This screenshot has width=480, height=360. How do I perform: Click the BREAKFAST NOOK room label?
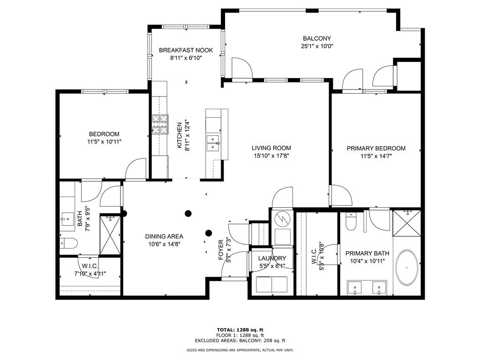(186, 50)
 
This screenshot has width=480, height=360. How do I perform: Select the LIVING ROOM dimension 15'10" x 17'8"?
(271, 156)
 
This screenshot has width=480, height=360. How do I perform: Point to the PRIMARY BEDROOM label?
(376, 149)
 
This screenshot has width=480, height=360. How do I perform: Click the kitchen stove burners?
(160, 124)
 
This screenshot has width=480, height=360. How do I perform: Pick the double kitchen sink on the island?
(213, 143)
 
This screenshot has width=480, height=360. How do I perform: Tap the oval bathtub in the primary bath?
(407, 268)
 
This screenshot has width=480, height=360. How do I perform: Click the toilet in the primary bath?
(351, 222)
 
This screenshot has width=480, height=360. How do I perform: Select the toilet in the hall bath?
(68, 243)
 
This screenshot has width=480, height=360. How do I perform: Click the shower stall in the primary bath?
(407, 223)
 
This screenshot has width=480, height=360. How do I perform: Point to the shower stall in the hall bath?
(110, 234)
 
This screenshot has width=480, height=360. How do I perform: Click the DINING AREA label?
(164, 237)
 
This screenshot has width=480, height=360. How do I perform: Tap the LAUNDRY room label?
(272, 258)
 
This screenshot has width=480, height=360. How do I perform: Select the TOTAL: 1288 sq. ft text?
(240, 330)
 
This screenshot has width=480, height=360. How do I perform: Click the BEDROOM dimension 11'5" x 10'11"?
(104, 142)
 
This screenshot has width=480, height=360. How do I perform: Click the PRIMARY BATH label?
(367, 254)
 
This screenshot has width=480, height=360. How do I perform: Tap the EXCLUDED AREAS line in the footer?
(240, 340)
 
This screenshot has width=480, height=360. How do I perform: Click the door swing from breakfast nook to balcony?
(242, 67)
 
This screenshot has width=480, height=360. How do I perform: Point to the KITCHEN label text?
(180, 135)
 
